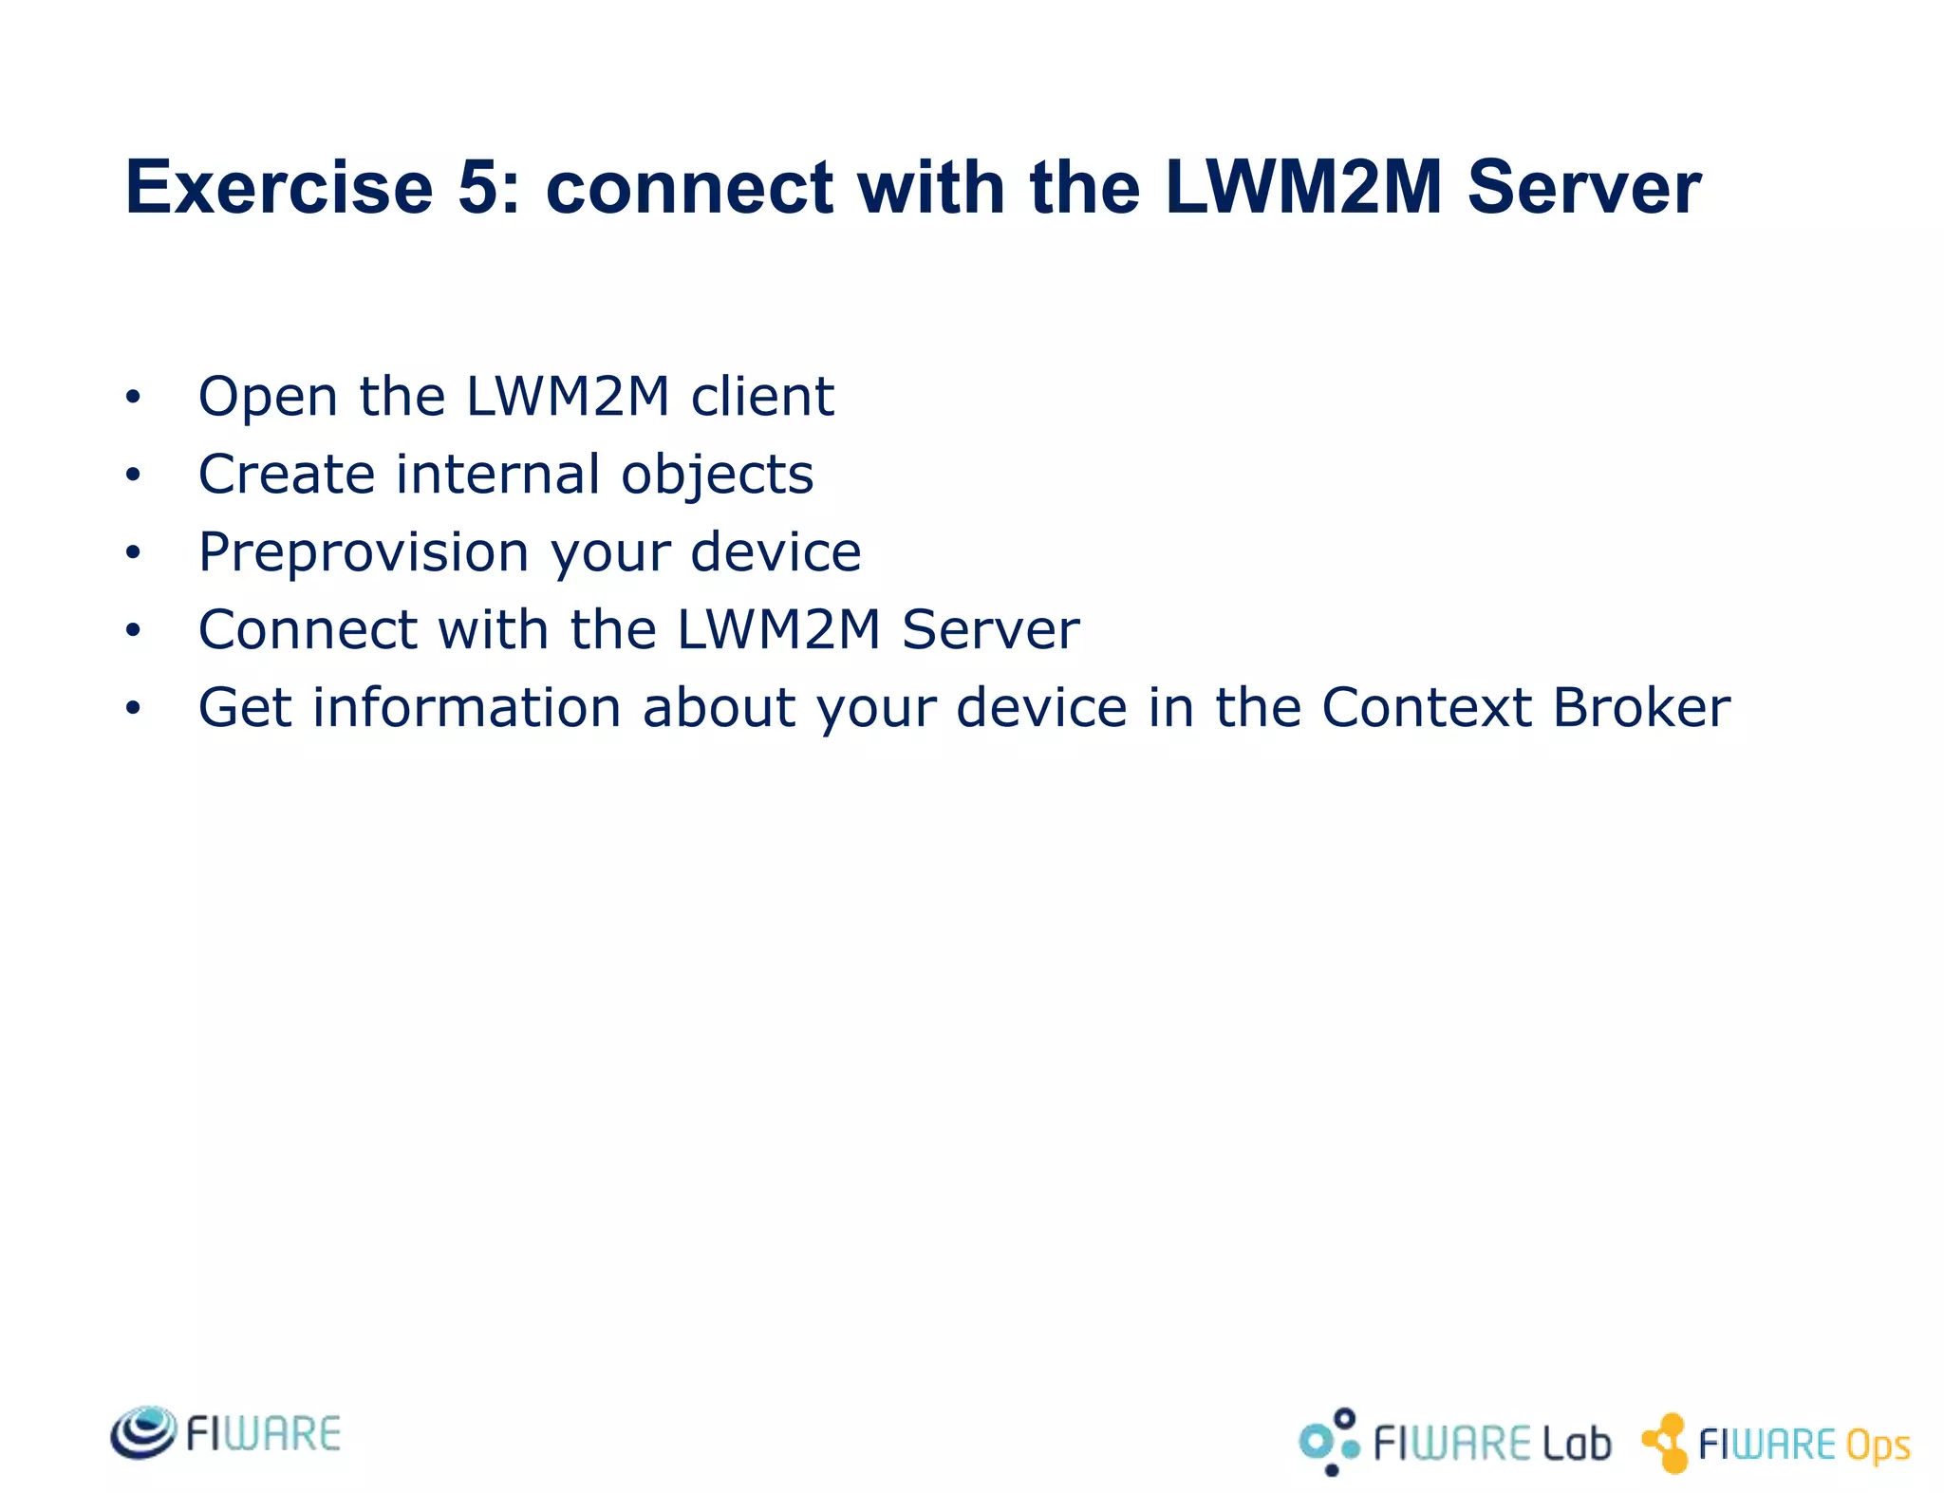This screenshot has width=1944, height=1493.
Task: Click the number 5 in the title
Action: (479, 187)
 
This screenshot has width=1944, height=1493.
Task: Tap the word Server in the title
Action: (1583, 187)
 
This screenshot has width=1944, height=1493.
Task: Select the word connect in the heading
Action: (689, 187)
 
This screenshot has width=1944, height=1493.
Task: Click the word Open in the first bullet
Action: (268, 397)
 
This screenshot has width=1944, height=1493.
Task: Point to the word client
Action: (762, 397)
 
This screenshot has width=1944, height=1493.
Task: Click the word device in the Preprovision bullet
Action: (776, 552)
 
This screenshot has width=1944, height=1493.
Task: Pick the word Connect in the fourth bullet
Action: (308, 630)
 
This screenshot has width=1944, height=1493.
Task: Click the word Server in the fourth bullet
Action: (990, 630)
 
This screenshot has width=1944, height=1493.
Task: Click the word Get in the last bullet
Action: (244, 708)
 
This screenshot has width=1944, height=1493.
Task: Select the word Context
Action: (1426, 708)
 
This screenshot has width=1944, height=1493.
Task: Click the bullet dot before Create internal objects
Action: (133, 475)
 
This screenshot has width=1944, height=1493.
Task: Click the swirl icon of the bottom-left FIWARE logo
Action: (143, 1432)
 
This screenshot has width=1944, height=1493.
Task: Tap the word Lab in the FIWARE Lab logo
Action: (1576, 1444)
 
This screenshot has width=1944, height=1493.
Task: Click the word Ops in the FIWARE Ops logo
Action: (1877, 1446)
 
